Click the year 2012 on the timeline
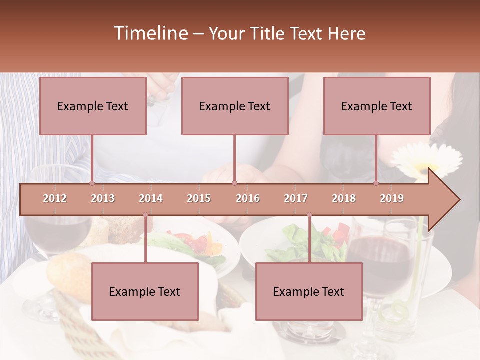coord(55,198)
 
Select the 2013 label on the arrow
coord(103,198)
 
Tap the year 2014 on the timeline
coord(151,198)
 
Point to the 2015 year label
coord(199,198)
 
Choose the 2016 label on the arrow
coord(248,198)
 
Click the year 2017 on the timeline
coord(296,198)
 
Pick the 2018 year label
coord(344,198)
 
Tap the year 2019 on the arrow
coord(392,198)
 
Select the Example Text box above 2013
coord(93,106)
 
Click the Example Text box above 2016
coord(235,106)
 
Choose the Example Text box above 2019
coord(377,106)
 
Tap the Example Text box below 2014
coord(145,291)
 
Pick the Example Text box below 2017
coord(309,291)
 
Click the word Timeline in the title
coord(150,33)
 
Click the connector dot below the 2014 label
coord(145,215)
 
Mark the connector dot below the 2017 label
coord(309,215)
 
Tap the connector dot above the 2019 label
coord(376,183)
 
